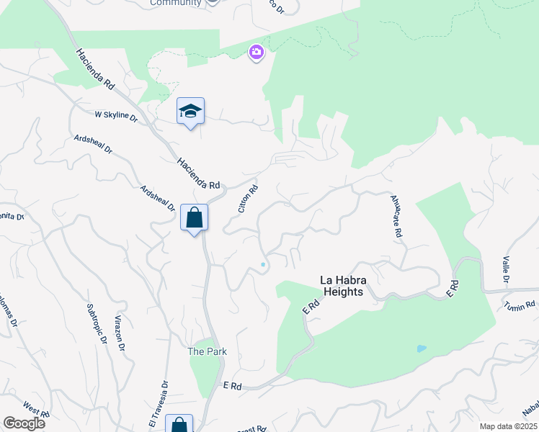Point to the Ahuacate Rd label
pyautogui.click(x=396, y=216)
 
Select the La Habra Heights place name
pyautogui.click(x=351, y=286)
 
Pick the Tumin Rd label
pyautogui.click(x=520, y=305)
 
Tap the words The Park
pyautogui.click(x=208, y=351)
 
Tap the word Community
pyautogui.click(x=175, y=3)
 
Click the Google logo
pyautogui.click(x=24, y=423)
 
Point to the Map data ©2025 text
pyautogui.click(x=508, y=426)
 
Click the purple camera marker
pyautogui.click(x=256, y=52)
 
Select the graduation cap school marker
pyautogui.click(x=190, y=112)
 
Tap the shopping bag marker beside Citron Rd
pyautogui.click(x=194, y=217)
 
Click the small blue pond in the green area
pyautogui.click(x=421, y=348)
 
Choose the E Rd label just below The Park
pyautogui.click(x=232, y=387)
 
